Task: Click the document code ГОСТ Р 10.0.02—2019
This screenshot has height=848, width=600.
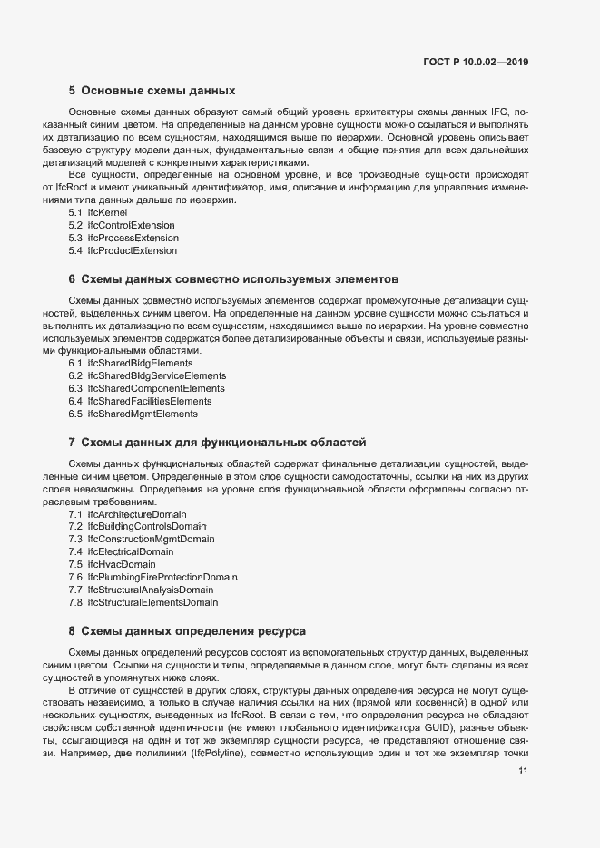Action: (x=476, y=63)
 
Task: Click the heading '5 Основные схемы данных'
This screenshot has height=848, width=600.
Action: (x=152, y=91)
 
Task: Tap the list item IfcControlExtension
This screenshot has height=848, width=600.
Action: (x=122, y=224)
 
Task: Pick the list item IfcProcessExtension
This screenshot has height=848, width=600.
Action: (x=123, y=237)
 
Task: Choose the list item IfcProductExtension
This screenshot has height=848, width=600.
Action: (x=123, y=249)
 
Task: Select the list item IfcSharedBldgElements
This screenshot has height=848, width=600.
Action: (x=131, y=363)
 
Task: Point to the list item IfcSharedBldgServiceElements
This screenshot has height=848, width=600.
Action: (x=147, y=375)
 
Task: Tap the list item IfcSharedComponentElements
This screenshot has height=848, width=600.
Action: (x=146, y=388)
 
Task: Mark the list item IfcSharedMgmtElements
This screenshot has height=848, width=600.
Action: (x=133, y=414)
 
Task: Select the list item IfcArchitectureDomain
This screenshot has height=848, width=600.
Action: (x=127, y=514)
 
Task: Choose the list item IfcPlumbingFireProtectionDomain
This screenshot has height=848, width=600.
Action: (x=152, y=577)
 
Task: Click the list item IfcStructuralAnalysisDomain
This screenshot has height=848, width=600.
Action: (x=141, y=590)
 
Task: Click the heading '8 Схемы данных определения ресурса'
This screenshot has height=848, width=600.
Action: (x=187, y=629)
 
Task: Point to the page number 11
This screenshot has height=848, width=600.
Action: (x=523, y=771)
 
